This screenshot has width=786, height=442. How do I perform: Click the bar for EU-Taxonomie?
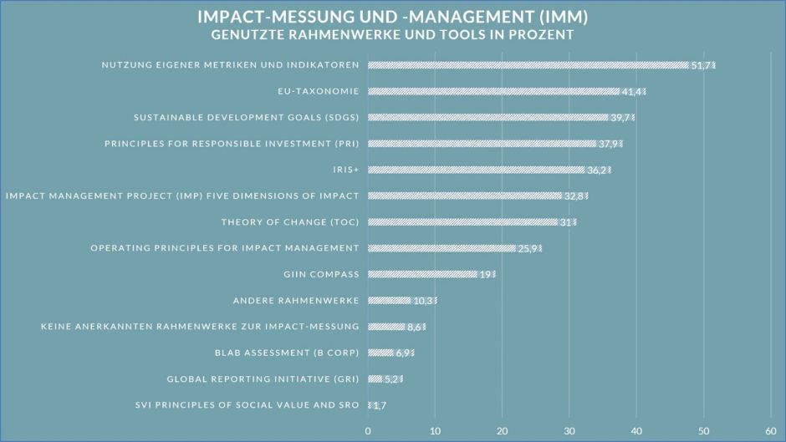493,91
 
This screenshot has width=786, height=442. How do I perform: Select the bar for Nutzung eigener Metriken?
527,65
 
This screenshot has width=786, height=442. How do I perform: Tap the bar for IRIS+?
476,170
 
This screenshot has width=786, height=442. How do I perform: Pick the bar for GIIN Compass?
422,274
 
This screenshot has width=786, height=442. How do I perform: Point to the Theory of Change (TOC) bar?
462,222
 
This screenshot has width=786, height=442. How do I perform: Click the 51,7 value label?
702,65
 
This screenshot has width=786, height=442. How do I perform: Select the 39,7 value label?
621,118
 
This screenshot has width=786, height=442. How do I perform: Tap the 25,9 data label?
528,248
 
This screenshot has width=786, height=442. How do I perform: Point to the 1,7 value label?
379,405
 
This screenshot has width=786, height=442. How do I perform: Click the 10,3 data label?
424,301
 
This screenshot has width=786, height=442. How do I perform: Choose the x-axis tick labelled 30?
569,430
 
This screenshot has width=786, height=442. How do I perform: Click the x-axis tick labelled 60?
771,430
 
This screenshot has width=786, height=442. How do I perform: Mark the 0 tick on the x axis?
368,430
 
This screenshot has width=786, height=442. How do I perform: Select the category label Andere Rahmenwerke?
295,301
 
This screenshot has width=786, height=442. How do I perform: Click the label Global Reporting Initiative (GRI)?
263,378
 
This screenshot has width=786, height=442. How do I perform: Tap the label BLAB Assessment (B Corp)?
287,353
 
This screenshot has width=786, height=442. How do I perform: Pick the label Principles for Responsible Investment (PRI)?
232,144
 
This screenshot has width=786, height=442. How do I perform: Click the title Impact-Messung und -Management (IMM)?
392,17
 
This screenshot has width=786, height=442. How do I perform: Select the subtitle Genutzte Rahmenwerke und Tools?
392,35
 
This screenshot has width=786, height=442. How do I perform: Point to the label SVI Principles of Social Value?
247,405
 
